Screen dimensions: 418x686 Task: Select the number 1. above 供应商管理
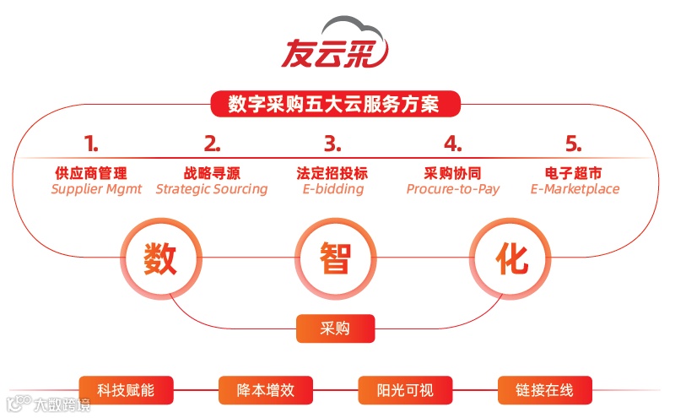[x=90, y=142]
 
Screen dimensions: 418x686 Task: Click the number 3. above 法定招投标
[x=332, y=142]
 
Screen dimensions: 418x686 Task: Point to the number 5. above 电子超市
[x=574, y=142]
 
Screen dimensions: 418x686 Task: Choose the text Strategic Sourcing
[x=212, y=189]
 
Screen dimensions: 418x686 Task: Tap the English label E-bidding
[x=332, y=189]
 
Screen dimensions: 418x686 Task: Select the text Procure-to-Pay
[x=453, y=189]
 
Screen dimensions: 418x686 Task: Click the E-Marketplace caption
[x=575, y=189]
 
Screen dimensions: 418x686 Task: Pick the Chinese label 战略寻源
[x=212, y=172]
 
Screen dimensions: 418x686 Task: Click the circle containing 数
[x=160, y=258]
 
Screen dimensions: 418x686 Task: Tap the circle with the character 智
[x=335, y=258]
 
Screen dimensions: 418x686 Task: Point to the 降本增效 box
[x=265, y=390]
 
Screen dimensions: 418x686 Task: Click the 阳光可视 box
[x=405, y=390]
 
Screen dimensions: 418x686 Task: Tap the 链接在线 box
[x=544, y=390]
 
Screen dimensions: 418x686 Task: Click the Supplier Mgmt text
[x=96, y=189]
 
